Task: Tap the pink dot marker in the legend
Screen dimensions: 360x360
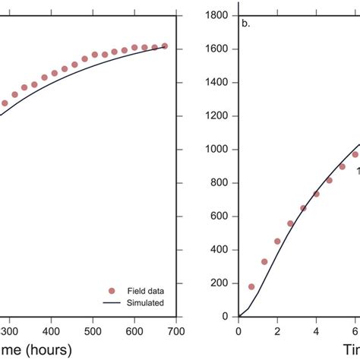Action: pyautogui.click(x=112, y=290)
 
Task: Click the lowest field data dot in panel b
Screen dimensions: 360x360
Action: pyautogui.click(x=251, y=286)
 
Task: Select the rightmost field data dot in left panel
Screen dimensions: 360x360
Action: pyautogui.click(x=165, y=46)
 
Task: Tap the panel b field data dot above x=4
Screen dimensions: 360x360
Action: pyautogui.click(x=316, y=194)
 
